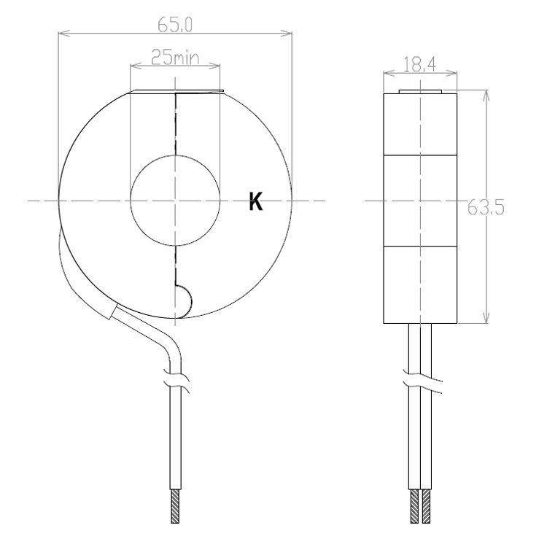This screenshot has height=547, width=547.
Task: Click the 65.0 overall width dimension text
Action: pyautogui.click(x=174, y=24)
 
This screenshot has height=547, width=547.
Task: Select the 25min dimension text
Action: pyautogui.click(x=174, y=57)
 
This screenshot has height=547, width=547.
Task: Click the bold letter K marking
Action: pyautogui.click(x=255, y=203)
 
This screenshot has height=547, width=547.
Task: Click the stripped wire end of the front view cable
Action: pyautogui.click(x=175, y=506)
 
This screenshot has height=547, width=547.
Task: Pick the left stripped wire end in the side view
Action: pyautogui.click(x=415, y=506)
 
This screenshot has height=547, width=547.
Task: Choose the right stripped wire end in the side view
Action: pyautogui.click(x=426, y=506)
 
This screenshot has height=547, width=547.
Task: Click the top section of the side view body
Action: pyautogui.click(x=421, y=123)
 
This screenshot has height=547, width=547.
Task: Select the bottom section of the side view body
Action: pyautogui.click(x=421, y=284)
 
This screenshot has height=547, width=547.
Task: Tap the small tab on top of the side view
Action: pyautogui.click(x=421, y=92)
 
